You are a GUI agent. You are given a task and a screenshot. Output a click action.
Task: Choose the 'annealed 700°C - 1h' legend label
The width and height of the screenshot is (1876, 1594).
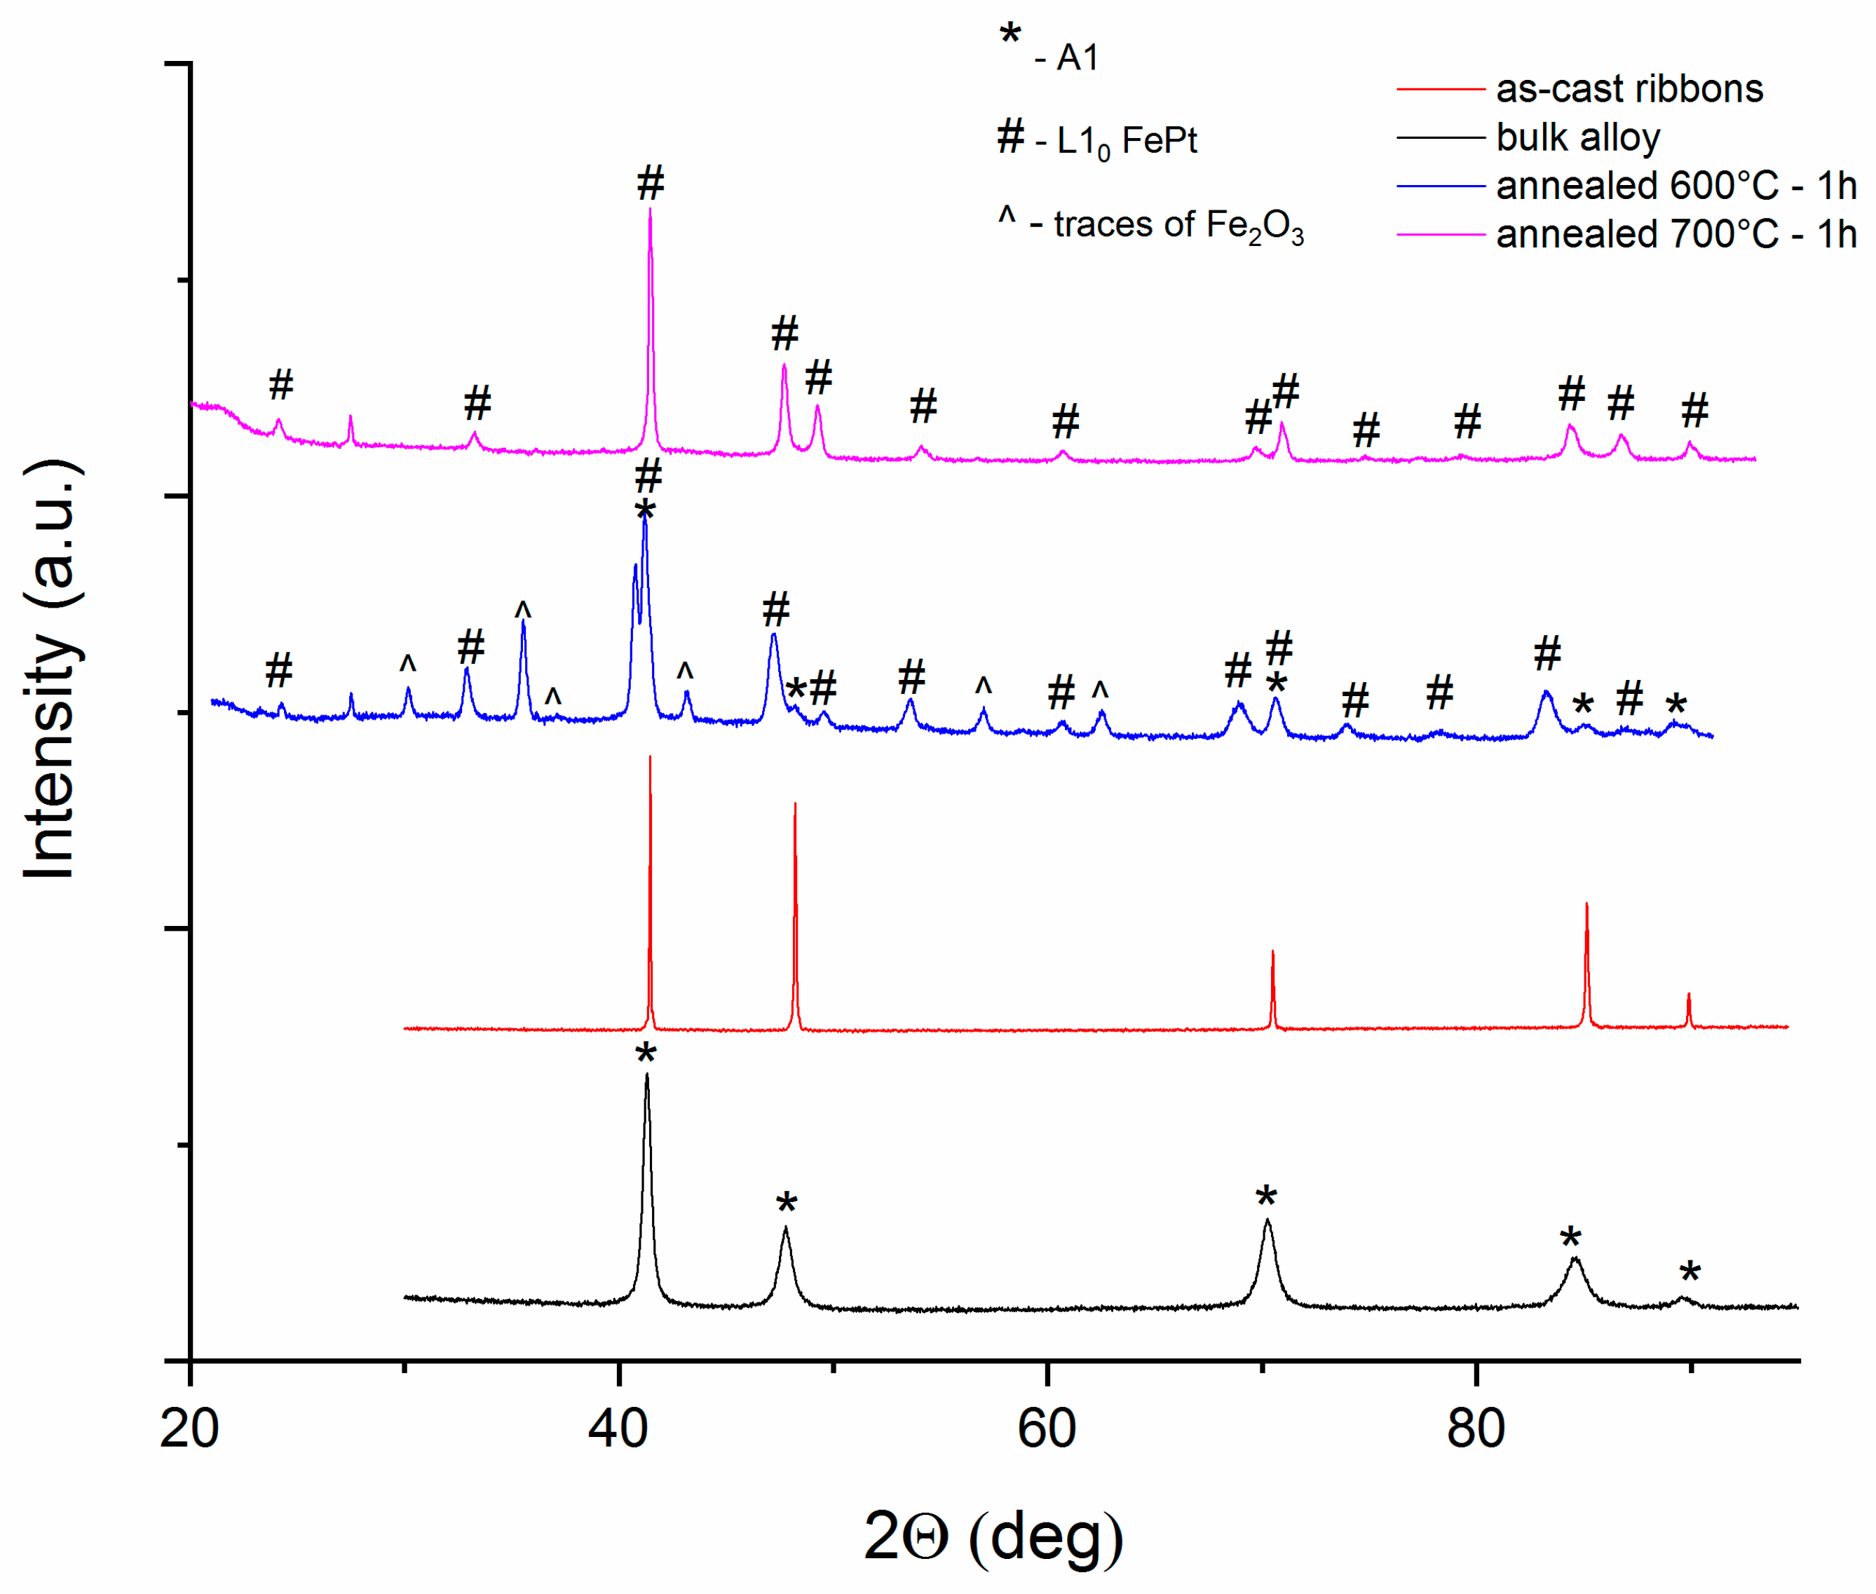point(1676,234)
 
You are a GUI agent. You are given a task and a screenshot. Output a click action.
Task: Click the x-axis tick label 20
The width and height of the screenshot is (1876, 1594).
point(190,1429)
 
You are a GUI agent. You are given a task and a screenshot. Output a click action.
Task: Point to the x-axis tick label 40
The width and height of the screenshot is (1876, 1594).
point(618,1429)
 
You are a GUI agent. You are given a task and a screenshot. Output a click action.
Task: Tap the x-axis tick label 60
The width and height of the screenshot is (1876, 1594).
point(1047,1429)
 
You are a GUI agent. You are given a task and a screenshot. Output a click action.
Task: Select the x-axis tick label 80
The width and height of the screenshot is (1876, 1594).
point(1475,1429)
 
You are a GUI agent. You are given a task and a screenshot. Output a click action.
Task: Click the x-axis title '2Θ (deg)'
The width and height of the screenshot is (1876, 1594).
point(994,1536)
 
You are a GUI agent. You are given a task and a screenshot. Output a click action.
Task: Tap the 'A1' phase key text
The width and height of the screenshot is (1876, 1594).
point(1078,58)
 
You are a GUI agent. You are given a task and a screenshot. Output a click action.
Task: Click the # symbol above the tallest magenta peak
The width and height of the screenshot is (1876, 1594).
point(651,184)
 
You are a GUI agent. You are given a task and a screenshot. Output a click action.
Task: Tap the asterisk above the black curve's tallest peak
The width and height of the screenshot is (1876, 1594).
point(645,1054)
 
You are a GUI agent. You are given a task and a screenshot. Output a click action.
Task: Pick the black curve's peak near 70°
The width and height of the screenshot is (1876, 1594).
point(1267,1222)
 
